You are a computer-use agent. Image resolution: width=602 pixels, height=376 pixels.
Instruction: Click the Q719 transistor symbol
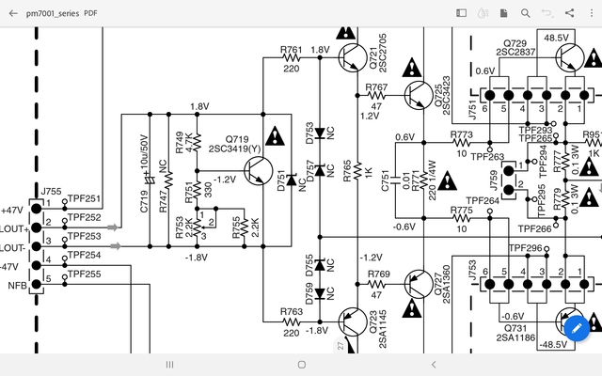(x=256, y=171)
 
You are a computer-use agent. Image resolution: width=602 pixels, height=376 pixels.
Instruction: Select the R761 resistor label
(x=292, y=50)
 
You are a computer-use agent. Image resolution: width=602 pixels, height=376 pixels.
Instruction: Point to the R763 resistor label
(x=292, y=310)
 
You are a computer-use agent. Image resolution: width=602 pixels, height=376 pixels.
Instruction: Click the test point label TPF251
(x=85, y=200)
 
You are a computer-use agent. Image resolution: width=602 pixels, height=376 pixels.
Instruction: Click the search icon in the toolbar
(x=526, y=13)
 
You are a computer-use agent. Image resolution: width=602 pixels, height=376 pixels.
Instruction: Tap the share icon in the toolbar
(x=570, y=13)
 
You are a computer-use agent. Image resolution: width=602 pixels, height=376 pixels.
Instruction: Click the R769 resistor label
(x=378, y=274)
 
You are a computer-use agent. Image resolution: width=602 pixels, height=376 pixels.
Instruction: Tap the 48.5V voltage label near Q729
(x=556, y=38)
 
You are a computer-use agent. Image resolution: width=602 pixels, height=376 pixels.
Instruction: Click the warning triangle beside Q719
(x=274, y=137)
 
